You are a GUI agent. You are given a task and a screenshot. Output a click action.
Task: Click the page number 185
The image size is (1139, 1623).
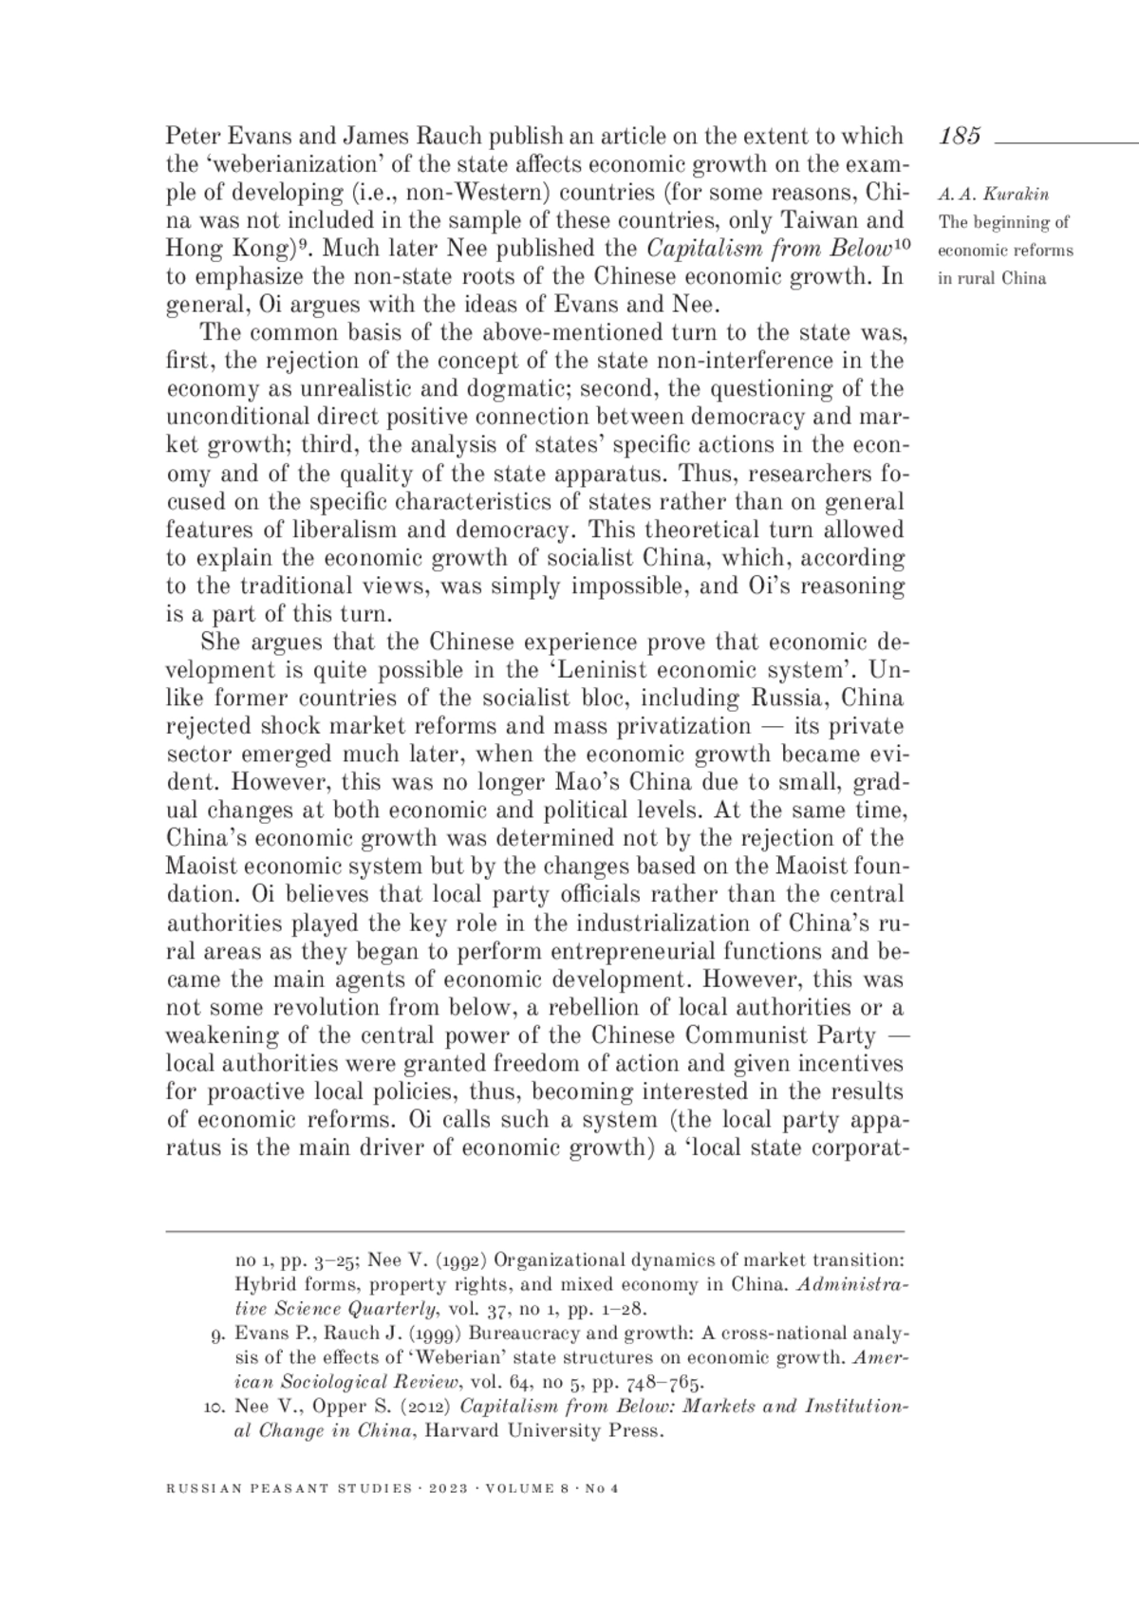[960, 136]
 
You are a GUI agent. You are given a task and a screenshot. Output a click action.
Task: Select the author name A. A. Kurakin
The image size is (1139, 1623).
[993, 196]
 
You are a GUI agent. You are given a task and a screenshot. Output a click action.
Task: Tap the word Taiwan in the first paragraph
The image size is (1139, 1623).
[819, 221]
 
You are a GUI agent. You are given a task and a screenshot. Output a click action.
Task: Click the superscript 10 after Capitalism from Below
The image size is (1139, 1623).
[902, 244]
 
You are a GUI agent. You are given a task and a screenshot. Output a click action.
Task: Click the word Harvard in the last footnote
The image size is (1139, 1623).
[460, 1430]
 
